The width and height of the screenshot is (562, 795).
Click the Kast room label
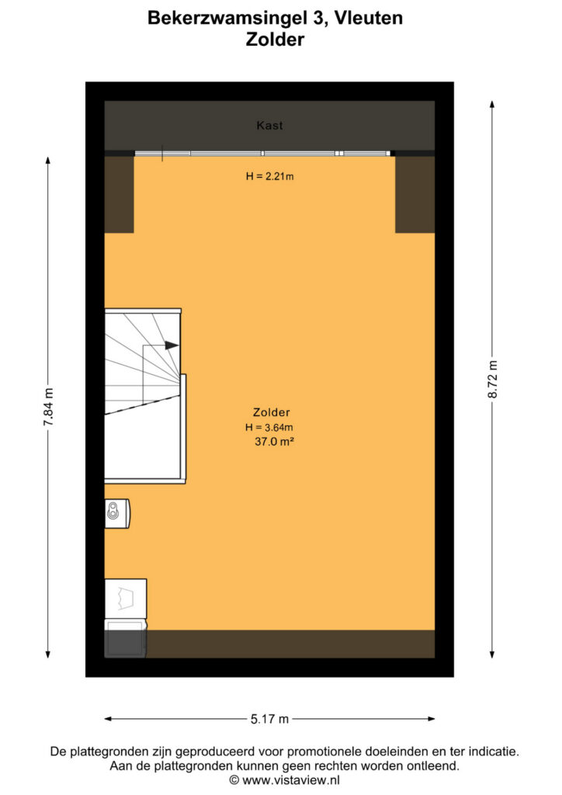pyautogui.click(x=269, y=125)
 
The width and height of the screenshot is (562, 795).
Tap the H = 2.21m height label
pyautogui.click(x=269, y=176)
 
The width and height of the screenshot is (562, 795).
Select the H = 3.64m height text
pyautogui.click(x=269, y=428)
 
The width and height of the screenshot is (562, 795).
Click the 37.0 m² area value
pyautogui.click(x=274, y=442)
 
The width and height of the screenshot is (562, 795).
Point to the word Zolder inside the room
pyautogui.click(x=272, y=413)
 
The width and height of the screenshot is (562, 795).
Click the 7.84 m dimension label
pyautogui.click(x=48, y=407)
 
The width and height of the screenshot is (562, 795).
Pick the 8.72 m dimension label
pyautogui.click(x=493, y=379)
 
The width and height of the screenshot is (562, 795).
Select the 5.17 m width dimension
pyautogui.click(x=269, y=719)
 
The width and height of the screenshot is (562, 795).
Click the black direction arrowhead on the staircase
pyautogui.click(x=172, y=345)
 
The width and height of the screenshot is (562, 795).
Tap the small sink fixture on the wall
pyautogui.click(x=116, y=514)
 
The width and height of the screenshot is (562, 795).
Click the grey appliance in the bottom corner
pyautogui.click(x=125, y=638)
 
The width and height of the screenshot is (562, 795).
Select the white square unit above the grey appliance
pyautogui.click(x=126, y=599)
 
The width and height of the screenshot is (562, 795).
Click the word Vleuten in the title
pyautogui.click(x=369, y=18)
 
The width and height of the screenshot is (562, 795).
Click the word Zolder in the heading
pyautogui.click(x=275, y=39)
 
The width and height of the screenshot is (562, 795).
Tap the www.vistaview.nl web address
pyautogui.click(x=291, y=780)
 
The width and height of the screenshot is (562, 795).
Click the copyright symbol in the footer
pyautogui.click(x=234, y=780)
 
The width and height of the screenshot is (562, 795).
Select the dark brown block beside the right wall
pyautogui.click(x=415, y=194)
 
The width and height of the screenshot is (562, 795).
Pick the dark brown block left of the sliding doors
pyautogui.click(x=119, y=194)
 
